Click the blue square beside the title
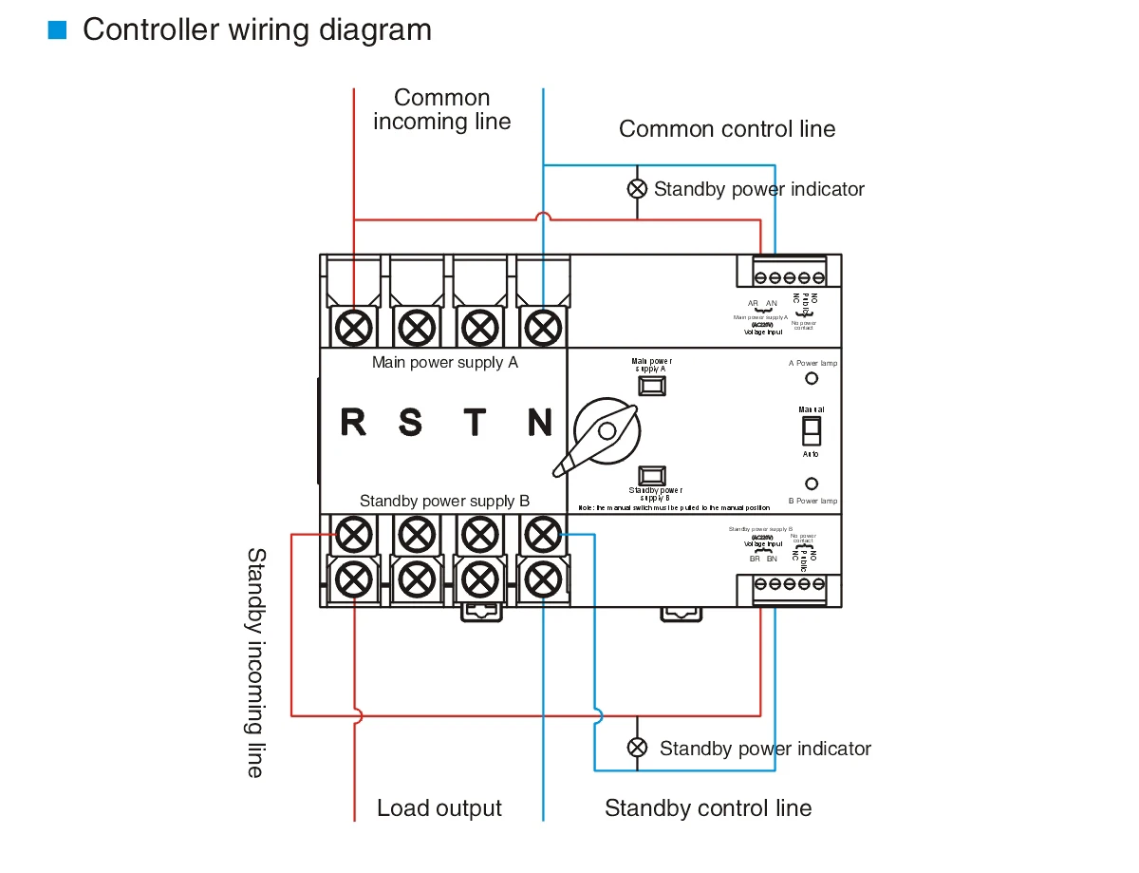click(x=58, y=30)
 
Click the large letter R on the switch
click(x=353, y=422)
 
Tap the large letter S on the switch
click(x=410, y=422)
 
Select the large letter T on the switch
click(x=475, y=422)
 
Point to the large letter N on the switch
click(x=540, y=422)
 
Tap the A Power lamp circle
click(x=812, y=378)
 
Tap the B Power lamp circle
click(x=812, y=484)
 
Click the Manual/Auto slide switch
click(x=811, y=431)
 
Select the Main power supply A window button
click(x=651, y=386)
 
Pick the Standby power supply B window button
click(x=651, y=475)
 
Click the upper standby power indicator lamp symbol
click(x=638, y=188)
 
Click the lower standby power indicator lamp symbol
click(x=638, y=748)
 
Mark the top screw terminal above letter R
click(x=354, y=329)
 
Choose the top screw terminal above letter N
click(x=542, y=329)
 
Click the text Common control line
click(x=727, y=129)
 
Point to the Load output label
click(x=439, y=808)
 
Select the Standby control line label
click(x=708, y=808)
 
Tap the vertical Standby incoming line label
click(x=255, y=662)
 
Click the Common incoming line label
click(x=442, y=109)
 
